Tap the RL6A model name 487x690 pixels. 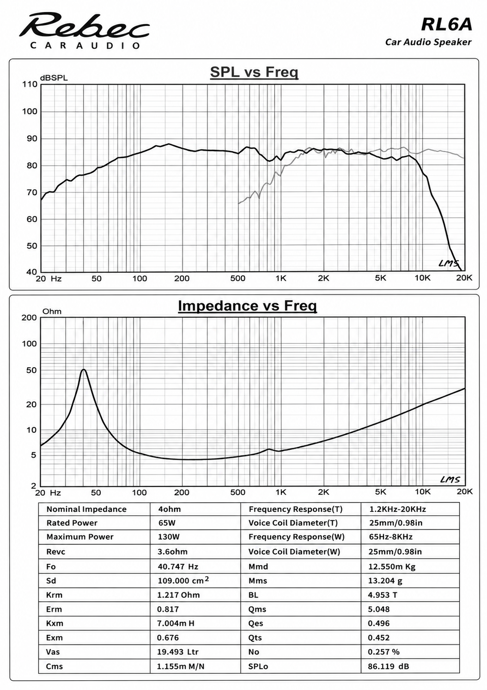coord(446,25)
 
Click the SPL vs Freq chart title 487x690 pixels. coord(254,72)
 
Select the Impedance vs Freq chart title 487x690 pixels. coord(248,306)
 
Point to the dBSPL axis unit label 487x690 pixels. coord(54,78)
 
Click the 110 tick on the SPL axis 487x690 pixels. coord(30,84)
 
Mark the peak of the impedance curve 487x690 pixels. coord(84,370)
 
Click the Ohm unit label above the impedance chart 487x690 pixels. coord(52,311)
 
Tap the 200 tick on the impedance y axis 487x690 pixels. coord(29,318)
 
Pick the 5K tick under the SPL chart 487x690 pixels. coord(380,278)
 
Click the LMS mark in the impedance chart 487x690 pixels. coord(450,480)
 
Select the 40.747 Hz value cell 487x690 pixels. coord(178,567)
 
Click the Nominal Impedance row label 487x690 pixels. coord(86,509)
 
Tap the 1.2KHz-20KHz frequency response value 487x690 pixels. coord(397,509)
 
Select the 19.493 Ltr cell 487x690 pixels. coord(177,652)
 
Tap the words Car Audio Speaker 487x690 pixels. coord(428,42)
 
